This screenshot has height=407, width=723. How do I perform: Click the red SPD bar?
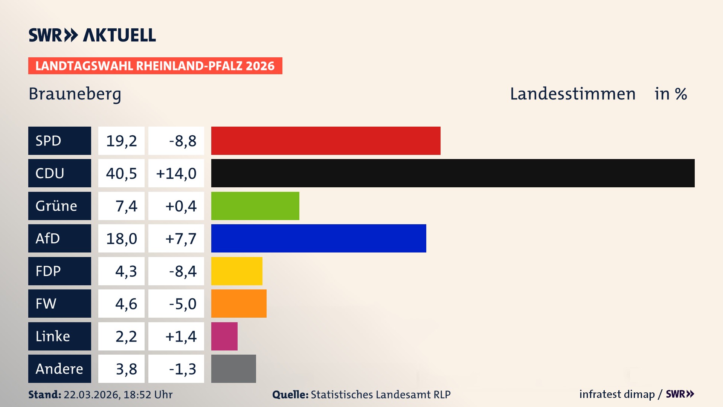(x=326, y=141)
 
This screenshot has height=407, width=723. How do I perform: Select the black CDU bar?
(x=453, y=173)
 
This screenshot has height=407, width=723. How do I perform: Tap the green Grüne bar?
(x=255, y=206)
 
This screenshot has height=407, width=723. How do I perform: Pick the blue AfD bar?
(x=319, y=238)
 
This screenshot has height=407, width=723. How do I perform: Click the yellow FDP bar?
(x=236, y=271)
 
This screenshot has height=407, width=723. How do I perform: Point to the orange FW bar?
(x=239, y=303)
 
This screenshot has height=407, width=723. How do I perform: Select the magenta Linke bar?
(x=224, y=336)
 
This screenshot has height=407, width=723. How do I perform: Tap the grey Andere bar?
(x=233, y=369)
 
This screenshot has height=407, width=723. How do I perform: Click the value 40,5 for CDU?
(x=121, y=173)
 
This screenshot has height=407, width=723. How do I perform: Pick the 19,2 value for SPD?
(x=121, y=141)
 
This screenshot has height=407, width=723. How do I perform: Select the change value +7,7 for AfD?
(x=181, y=239)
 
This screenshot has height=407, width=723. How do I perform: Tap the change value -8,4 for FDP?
(x=183, y=271)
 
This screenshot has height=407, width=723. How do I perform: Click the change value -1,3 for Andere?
(x=183, y=369)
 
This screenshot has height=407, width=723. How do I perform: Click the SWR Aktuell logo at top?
(x=92, y=35)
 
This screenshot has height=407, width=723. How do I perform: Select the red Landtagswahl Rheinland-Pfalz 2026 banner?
(x=155, y=66)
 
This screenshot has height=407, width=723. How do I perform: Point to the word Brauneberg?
(x=75, y=94)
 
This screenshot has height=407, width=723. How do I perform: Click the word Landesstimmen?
(x=572, y=94)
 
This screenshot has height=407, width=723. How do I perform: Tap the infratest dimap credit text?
(x=617, y=394)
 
